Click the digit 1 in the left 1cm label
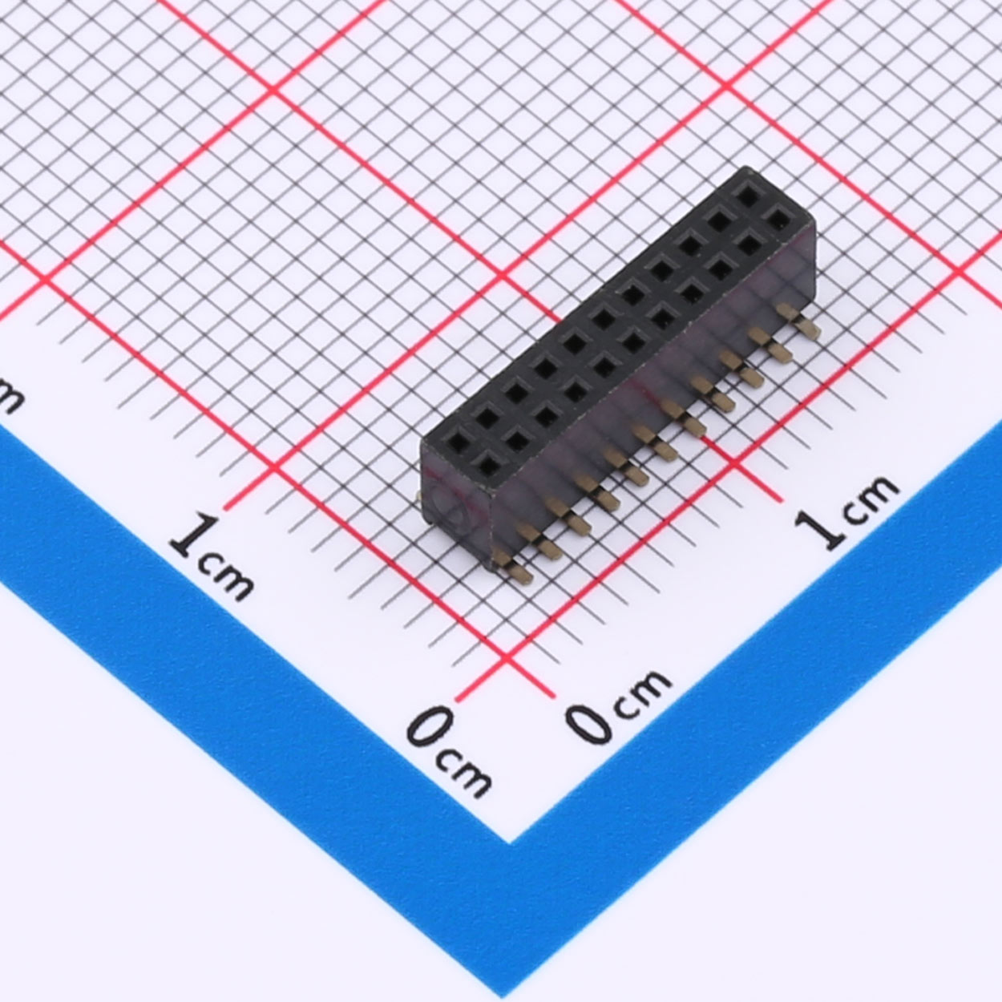tap(194, 535)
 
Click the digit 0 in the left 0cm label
tap(430, 725)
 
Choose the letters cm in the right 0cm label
tap(641, 693)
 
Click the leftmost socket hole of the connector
tap(458, 440)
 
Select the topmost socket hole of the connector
tap(749, 196)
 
